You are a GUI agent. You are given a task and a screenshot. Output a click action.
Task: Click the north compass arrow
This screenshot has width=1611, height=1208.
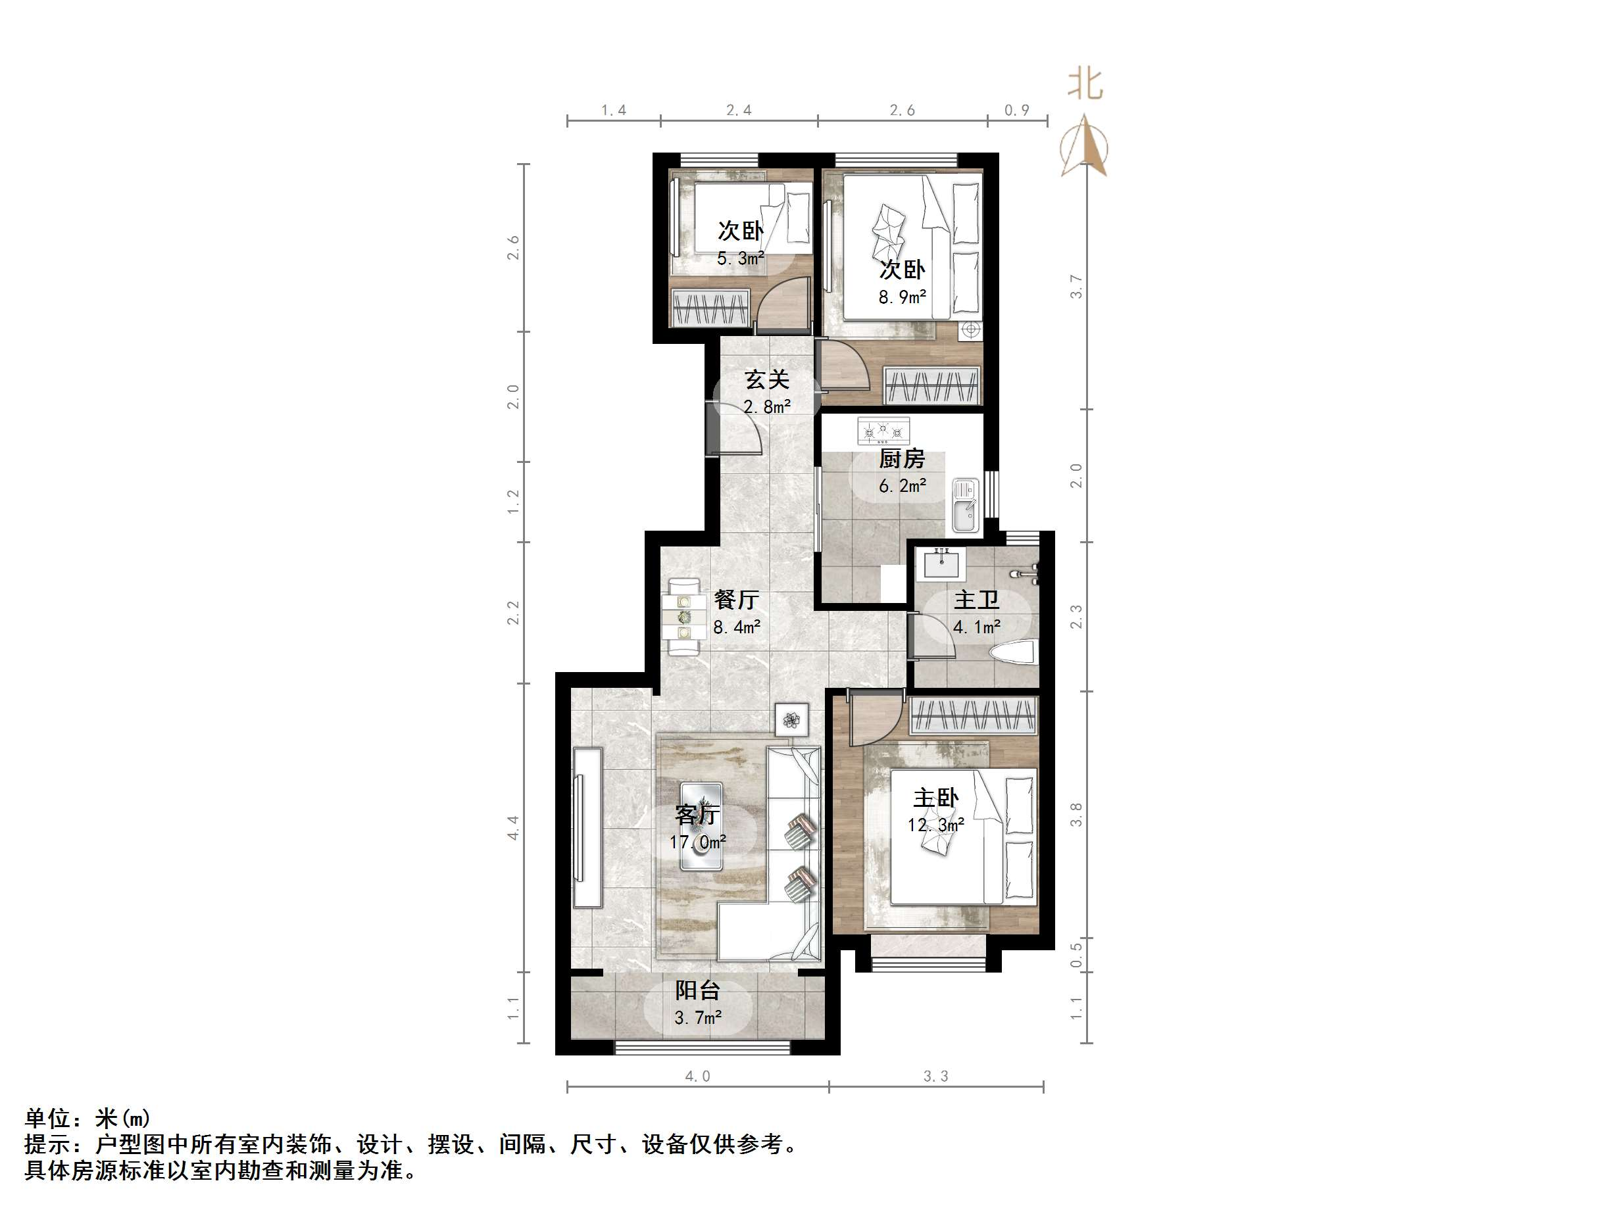click(1085, 145)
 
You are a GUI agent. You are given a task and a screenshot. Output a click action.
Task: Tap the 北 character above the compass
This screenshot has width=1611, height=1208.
click(1085, 84)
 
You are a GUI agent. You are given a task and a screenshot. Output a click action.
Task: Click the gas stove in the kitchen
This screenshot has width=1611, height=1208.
click(883, 432)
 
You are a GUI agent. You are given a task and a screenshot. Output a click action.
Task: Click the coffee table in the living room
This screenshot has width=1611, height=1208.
click(701, 827)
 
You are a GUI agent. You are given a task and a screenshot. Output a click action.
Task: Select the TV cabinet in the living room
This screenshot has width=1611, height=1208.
click(587, 827)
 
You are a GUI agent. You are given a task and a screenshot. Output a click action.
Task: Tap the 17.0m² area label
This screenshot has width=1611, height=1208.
click(698, 842)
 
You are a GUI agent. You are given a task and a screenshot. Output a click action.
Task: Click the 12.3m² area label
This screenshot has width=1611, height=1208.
click(936, 825)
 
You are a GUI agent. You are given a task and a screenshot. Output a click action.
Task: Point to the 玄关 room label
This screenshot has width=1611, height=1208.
click(767, 379)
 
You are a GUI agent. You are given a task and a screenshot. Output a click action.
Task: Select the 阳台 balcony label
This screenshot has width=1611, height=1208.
click(697, 990)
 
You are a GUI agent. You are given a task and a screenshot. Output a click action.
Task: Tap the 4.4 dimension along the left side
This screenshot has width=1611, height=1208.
click(514, 828)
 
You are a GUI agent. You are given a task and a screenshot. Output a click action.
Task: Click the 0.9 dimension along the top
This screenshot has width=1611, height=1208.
click(1017, 110)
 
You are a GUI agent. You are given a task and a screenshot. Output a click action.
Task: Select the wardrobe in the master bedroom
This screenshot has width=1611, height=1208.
click(973, 715)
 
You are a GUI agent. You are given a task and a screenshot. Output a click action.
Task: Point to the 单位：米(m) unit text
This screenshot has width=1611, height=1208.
click(87, 1118)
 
